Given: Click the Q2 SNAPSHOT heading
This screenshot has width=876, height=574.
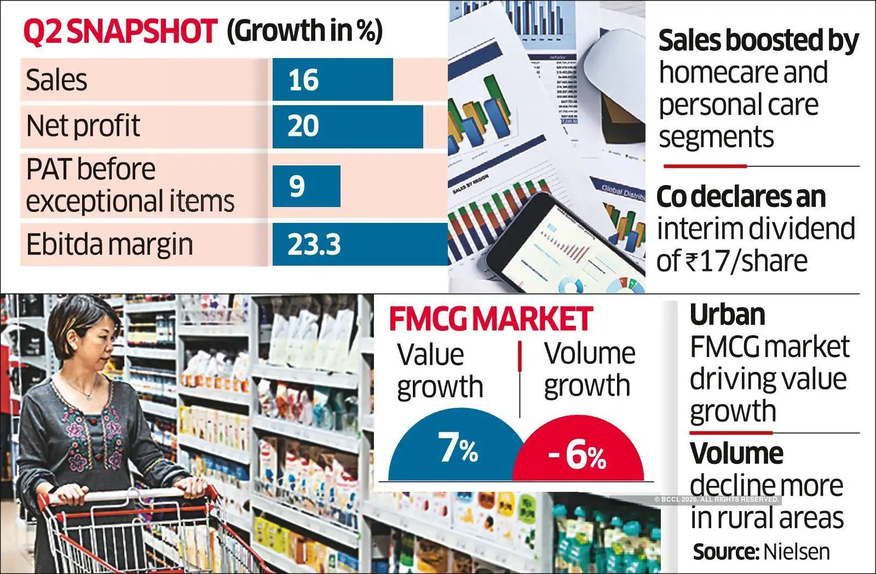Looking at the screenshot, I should tap(120, 31).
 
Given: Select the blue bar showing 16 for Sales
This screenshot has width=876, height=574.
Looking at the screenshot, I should tap(332, 79).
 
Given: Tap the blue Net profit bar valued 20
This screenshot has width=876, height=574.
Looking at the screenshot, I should tap(347, 127).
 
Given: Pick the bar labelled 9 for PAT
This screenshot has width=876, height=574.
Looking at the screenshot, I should tap(306, 186).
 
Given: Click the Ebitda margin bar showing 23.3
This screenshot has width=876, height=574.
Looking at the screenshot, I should tap(360, 244).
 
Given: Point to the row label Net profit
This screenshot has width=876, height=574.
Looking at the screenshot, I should tap(83, 126).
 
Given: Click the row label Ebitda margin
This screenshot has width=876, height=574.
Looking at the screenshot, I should tap(109, 244).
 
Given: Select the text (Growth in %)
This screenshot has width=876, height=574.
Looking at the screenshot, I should tap(304, 31).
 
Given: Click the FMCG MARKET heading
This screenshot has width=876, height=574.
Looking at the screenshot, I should tap(491, 319).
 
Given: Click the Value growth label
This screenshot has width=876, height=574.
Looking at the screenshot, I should tap(440, 370).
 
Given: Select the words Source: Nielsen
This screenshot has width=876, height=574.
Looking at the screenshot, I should tap(761, 552).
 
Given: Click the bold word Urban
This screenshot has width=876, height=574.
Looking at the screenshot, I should tap(727, 315).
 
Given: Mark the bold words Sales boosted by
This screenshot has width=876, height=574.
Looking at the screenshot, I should tap(758, 41).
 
